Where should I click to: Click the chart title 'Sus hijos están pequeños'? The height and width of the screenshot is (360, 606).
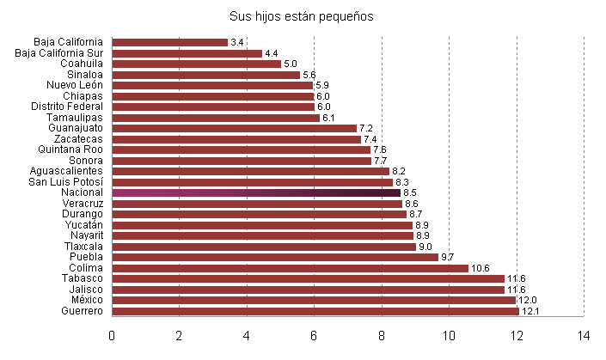[302, 16]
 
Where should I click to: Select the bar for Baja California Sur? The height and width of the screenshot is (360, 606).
[187, 53]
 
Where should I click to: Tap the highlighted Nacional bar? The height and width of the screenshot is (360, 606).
[256, 192]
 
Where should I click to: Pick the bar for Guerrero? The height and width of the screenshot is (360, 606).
[315, 311]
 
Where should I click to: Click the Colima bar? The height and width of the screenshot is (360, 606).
[290, 268]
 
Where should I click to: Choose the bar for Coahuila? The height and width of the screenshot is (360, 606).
[196, 64]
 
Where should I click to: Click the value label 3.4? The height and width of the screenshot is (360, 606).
[237, 42]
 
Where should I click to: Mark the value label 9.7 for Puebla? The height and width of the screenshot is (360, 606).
[447, 257]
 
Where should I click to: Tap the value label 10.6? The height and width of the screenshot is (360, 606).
[480, 268]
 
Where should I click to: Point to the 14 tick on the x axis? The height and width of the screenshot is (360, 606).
[584, 336]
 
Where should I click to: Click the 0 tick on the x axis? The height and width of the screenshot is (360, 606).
[112, 336]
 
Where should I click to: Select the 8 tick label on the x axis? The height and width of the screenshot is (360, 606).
[382, 336]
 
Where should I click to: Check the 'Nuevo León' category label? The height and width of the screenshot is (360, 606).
[74, 85]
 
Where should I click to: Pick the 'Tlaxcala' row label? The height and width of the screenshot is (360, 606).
[83, 247]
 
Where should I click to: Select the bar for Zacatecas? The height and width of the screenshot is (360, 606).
[236, 139]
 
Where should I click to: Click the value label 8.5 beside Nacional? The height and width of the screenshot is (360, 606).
[410, 192]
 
